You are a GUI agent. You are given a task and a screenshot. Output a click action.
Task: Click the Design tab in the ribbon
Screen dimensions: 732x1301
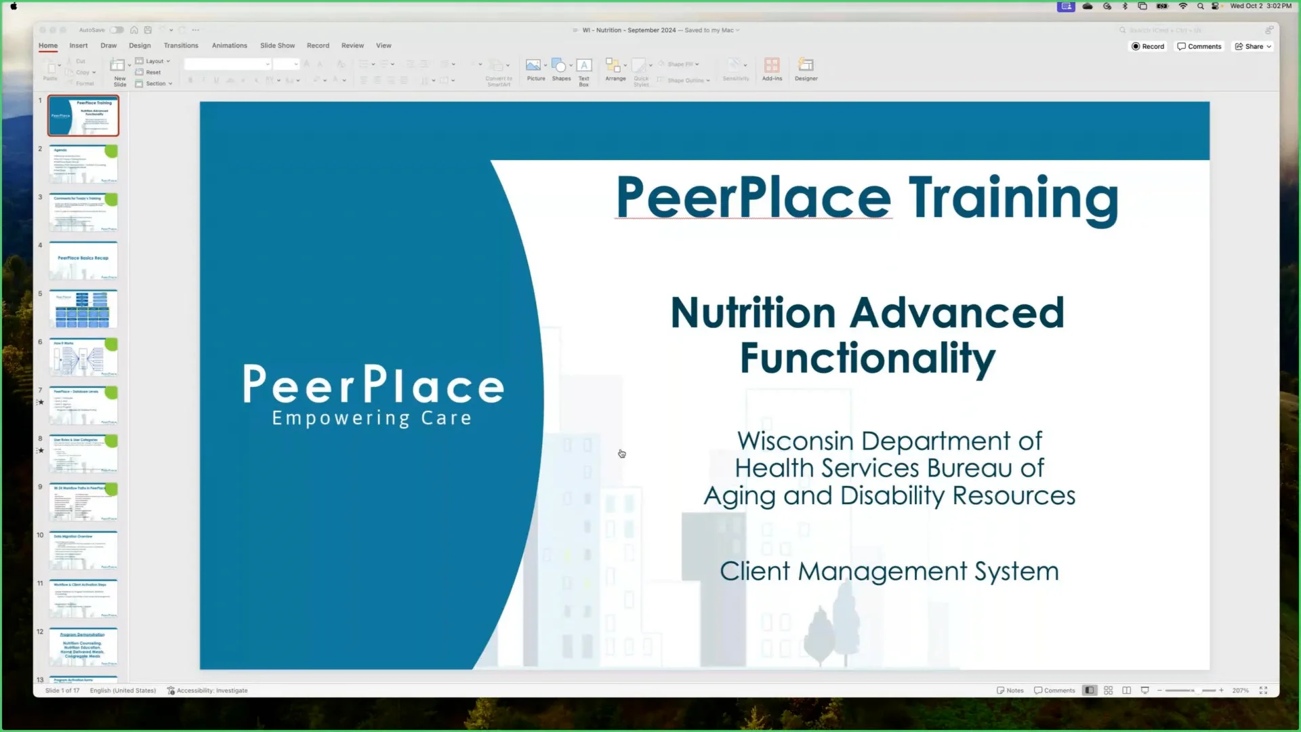[140, 45]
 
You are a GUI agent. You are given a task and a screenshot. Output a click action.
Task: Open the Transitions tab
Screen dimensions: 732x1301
[181, 45]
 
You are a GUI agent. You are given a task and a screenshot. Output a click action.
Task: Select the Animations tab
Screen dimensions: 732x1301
[229, 45]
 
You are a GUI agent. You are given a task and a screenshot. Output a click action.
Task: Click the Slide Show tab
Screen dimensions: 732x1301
[277, 45]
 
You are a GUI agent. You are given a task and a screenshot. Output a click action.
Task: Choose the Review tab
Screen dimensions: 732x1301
[352, 45]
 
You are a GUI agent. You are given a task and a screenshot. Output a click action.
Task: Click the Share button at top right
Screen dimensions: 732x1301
[1253, 46]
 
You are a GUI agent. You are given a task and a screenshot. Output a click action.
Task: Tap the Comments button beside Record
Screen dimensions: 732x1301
[1199, 46]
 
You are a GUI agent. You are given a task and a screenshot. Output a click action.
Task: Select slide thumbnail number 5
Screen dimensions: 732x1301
[83, 309]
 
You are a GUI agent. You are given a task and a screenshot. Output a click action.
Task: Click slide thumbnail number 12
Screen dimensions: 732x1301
[83, 647]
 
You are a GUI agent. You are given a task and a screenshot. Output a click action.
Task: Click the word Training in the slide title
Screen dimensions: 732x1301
[1013, 198]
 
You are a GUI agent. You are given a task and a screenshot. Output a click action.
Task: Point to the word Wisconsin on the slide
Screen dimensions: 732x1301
[795, 441]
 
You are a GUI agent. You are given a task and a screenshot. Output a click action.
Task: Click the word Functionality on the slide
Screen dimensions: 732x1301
[867, 358]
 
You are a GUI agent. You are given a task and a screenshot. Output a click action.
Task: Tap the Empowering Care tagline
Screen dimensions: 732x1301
[371, 418]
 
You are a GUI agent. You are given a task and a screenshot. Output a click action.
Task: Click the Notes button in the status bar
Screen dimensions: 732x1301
[1010, 691]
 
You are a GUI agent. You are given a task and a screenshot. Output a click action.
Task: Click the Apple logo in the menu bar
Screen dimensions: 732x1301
[14, 6]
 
